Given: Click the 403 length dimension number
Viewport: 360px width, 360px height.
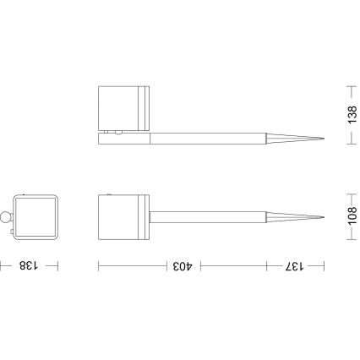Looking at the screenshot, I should click(182, 265).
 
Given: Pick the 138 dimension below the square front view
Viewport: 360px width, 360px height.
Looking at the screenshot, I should click(29, 265).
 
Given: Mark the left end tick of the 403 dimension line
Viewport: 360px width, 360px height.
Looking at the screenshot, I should click(99, 265).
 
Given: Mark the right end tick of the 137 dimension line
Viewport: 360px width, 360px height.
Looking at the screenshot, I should click(324, 265).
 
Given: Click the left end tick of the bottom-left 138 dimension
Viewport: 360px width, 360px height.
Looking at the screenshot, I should click(2, 265).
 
